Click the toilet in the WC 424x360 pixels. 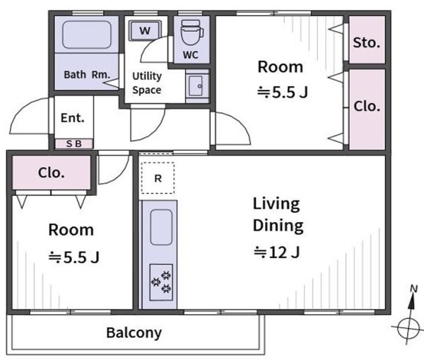coord(192,33)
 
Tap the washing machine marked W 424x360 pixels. coord(145,30)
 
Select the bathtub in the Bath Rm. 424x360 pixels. coord(87,35)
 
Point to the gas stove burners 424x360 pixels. coord(161,282)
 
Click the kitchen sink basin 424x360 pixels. coord(161,227)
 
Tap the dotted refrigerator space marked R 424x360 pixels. coord(158,178)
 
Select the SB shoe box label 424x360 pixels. coord(74,144)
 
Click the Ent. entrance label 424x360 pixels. coord(73,118)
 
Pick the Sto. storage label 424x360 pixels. coord(366,42)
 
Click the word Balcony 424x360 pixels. coord(134,333)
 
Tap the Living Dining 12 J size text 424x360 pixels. coord(277,252)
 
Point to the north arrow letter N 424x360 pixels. coord(413,289)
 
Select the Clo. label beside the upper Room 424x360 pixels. coord(367,106)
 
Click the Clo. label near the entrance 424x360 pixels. coord(52,173)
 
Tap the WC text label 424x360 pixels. coord(190,55)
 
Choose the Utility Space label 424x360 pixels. coord(147,83)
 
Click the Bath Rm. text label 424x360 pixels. coord(87,74)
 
